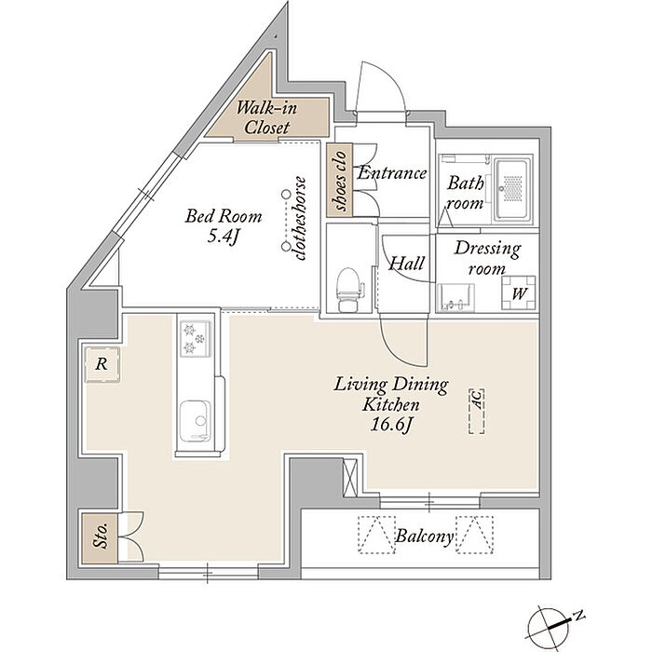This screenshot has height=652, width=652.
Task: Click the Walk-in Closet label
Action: click(266, 117)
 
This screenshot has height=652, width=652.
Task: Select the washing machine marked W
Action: click(518, 292)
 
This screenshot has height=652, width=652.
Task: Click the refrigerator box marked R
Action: click(102, 364)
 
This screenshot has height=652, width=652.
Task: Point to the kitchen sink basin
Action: click(195, 420)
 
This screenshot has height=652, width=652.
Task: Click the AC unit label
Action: click(477, 411)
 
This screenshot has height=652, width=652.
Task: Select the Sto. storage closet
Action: click(101, 538)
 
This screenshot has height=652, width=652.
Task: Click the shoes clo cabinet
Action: click(340, 180)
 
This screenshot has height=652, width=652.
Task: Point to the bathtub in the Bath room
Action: click(512, 191)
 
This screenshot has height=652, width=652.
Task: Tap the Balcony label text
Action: click(424, 536)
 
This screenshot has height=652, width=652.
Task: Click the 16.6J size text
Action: click(391, 425)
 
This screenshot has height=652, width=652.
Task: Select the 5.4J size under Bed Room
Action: click(224, 237)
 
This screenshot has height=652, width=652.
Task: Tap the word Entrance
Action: click(392, 172)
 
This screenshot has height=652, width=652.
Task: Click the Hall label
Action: click(406, 264)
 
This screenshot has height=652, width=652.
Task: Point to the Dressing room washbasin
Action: click(455, 297)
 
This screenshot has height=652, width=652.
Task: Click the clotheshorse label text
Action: click(300, 219)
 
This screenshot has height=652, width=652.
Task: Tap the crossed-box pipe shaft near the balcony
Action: click(349, 477)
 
